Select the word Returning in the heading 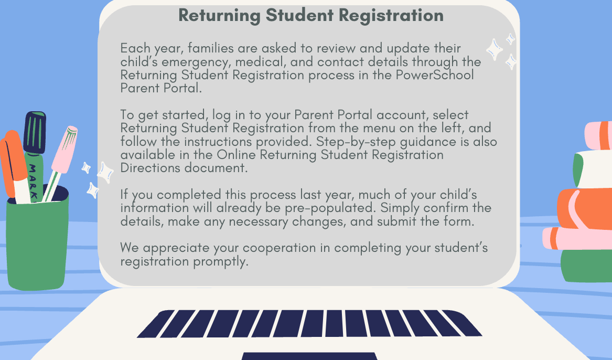[220, 15]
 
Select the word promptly [220, 261]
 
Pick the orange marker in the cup [12, 165]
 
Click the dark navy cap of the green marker [36, 131]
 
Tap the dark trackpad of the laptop [309, 356]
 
